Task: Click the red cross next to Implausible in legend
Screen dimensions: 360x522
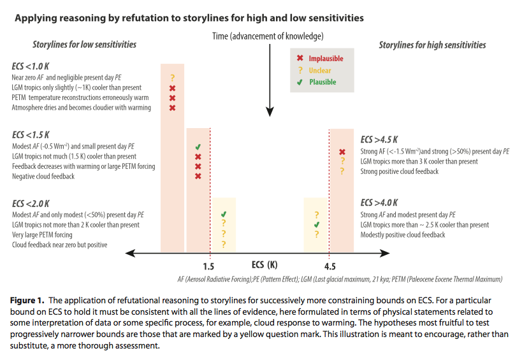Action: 300,59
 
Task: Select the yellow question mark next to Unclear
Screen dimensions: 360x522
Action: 300,70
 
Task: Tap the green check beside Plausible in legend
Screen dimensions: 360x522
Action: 300,82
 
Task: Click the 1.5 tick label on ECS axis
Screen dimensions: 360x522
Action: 208,266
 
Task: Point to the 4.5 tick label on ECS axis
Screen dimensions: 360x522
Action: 330,266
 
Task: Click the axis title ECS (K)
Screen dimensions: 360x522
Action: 266,264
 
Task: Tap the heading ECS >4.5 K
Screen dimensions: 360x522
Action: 379,140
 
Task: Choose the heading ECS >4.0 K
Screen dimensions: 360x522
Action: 379,203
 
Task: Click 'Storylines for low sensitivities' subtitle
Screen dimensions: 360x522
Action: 84,45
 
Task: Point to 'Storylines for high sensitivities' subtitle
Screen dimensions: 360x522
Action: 432,45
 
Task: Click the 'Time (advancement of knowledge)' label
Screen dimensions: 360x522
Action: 268,36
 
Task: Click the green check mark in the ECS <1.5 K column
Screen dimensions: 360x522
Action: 198,147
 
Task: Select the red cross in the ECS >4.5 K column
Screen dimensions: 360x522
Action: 342,152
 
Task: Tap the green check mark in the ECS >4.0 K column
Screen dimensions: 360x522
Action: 317,225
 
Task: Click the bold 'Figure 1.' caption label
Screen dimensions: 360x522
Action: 30,299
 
